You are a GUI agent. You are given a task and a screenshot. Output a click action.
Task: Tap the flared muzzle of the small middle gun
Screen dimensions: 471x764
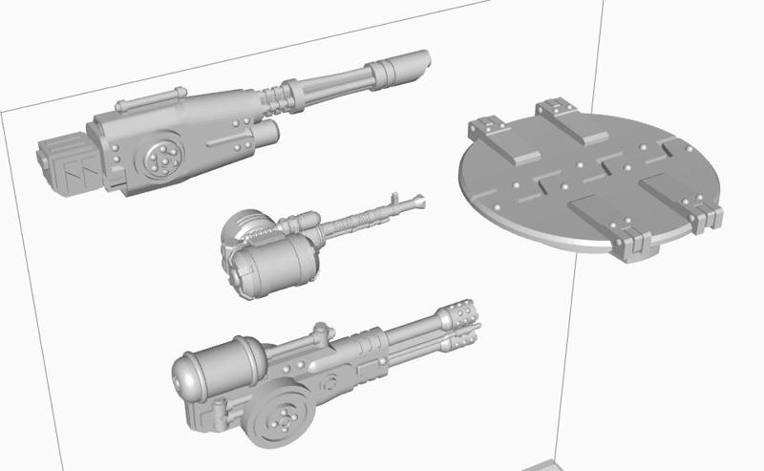[417, 201]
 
